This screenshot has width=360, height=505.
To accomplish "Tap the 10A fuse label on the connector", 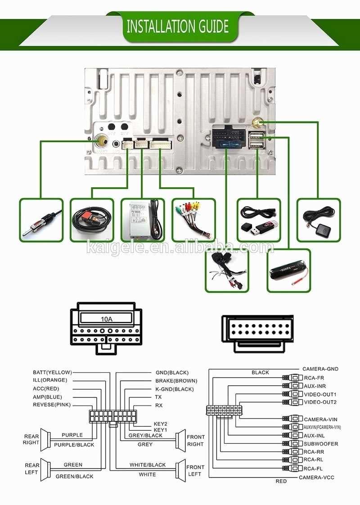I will click(x=106, y=319).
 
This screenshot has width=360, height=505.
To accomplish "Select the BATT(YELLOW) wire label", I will click(x=52, y=372).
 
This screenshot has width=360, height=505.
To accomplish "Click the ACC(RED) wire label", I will click(x=46, y=388).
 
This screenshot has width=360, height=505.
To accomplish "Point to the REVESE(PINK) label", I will click(x=52, y=405).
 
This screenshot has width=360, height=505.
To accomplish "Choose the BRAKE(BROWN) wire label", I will click(x=176, y=380).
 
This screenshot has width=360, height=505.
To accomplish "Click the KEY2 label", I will click(x=160, y=424).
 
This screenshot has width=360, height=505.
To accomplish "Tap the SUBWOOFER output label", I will click(x=320, y=443).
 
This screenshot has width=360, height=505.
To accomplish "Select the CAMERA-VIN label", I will click(x=320, y=419).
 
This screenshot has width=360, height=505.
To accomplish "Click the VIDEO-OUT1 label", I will click(x=320, y=394).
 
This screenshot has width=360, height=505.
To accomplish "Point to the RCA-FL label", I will click(x=314, y=468).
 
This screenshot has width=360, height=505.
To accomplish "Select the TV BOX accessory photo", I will click(x=142, y=220).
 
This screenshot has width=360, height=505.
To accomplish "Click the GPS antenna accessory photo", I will click(x=319, y=220).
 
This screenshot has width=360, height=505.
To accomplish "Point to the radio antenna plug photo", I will click(x=41, y=220).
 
